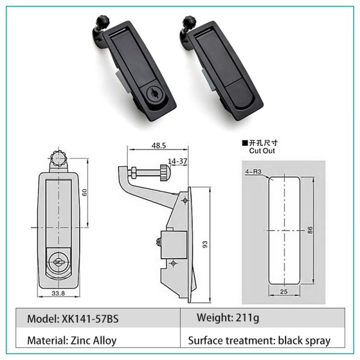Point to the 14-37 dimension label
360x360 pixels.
178,161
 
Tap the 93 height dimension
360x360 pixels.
205,244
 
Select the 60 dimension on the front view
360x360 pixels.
84,193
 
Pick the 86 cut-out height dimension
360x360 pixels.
311,232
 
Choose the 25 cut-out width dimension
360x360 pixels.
284,292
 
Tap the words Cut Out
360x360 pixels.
262,152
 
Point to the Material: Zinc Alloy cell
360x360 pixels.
72,341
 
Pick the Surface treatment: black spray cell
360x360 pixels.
259,341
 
